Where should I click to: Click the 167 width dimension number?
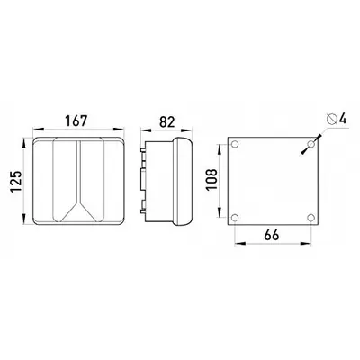tap(76, 121)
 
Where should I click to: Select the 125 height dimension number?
tap(16, 182)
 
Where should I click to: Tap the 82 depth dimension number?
tap(166, 121)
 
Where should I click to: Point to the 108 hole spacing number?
tap(211, 179)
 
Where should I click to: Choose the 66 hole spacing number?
tap(272, 235)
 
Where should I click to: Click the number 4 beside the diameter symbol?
tap(343, 119)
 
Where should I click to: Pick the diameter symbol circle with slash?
tap(332, 119)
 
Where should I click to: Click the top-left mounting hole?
tap(235, 144)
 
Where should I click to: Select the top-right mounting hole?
tap(311, 144)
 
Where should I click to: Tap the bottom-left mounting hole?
tap(235, 218)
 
